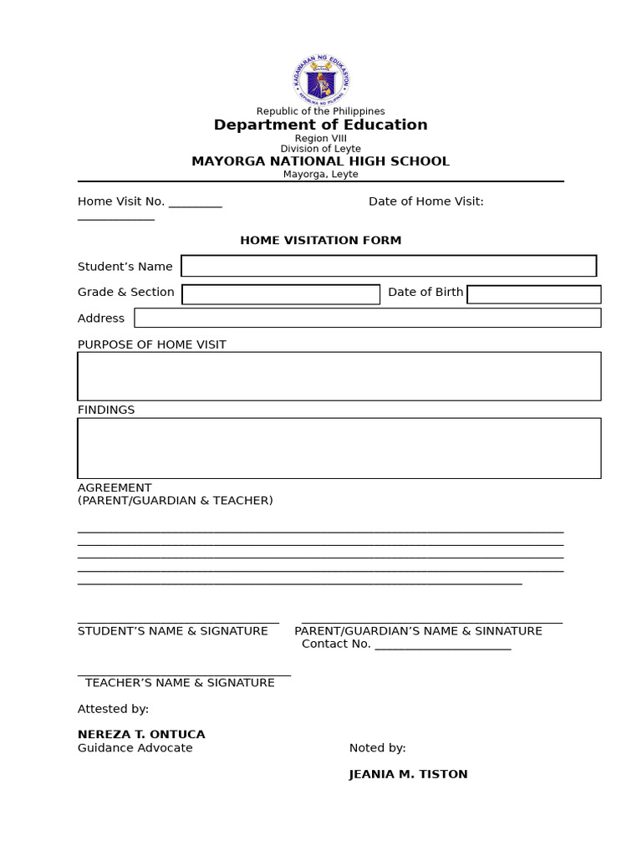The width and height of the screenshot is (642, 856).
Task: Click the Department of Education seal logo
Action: tap(321, 81)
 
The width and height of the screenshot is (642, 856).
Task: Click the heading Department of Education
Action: tap(320, 125)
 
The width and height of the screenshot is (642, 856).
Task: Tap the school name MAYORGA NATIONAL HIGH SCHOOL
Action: tap(320, 161)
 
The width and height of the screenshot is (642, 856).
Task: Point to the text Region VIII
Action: tap(320, 139)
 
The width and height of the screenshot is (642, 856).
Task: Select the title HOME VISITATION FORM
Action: tap(320, 241)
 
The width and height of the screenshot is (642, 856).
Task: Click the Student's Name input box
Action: tap(389, 266)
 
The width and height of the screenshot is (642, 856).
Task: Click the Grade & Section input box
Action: tap(281, 294)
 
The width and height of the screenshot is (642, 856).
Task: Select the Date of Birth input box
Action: tap(533, 294)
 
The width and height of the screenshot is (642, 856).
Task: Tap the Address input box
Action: tap(367, 318)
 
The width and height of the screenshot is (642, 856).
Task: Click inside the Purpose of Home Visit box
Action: tap(339, 376)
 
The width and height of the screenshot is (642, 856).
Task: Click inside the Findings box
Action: tap(339, 448)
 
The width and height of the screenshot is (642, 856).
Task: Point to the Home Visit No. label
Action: tap(121, 201)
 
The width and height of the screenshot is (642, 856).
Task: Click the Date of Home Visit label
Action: tap(425, 201)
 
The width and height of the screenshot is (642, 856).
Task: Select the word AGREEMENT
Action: tap(115, 488)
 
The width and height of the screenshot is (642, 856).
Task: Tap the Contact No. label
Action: tap(336, 644)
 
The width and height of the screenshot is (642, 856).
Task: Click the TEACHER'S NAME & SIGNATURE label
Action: tap(180, 683)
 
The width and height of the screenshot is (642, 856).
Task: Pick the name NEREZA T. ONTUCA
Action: tap(141, 735)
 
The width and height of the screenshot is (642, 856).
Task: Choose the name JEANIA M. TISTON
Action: tap(408, 774)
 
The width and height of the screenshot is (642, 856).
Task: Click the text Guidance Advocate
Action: tap(135, 748)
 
